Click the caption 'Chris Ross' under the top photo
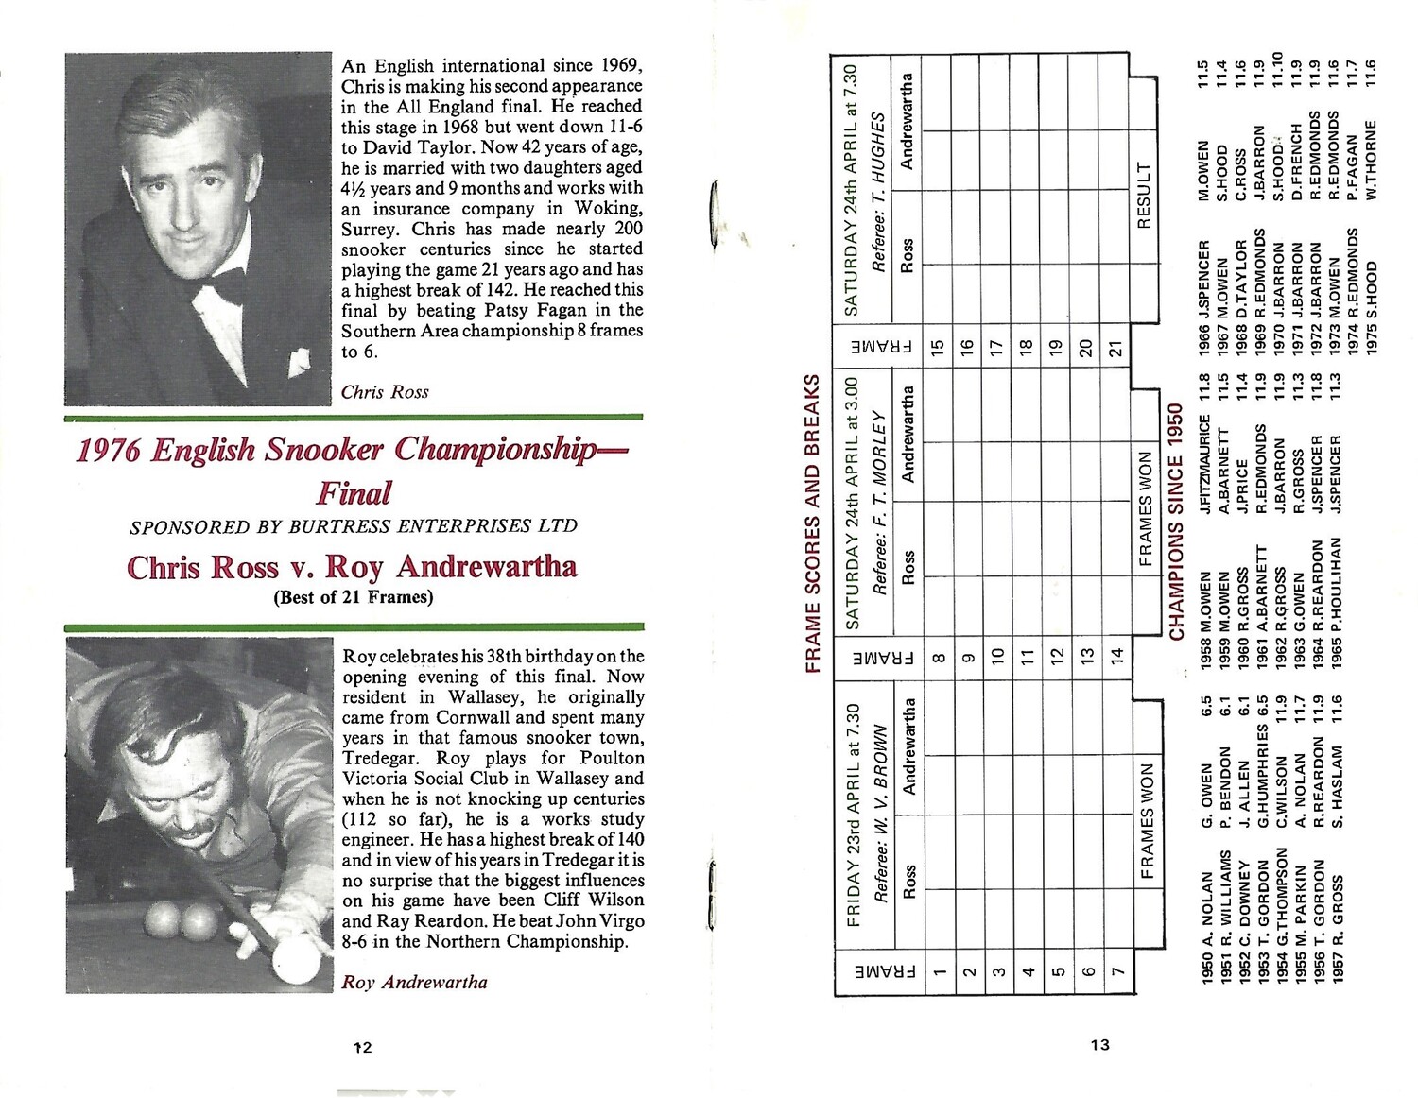coord(385,392)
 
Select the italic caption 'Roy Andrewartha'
coord(414,982)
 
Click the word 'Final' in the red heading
coord(354,492)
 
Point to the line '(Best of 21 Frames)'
coord(353,596)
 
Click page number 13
coord(1099,1045)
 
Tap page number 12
coord(362,1047)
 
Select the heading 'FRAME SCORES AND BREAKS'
coord(812,523)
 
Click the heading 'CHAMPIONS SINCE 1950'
coord(1177,523)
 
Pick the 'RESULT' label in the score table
coord(1143,196)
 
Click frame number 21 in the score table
coord(1116,349)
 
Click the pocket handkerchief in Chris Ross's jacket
coord(300,360)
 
